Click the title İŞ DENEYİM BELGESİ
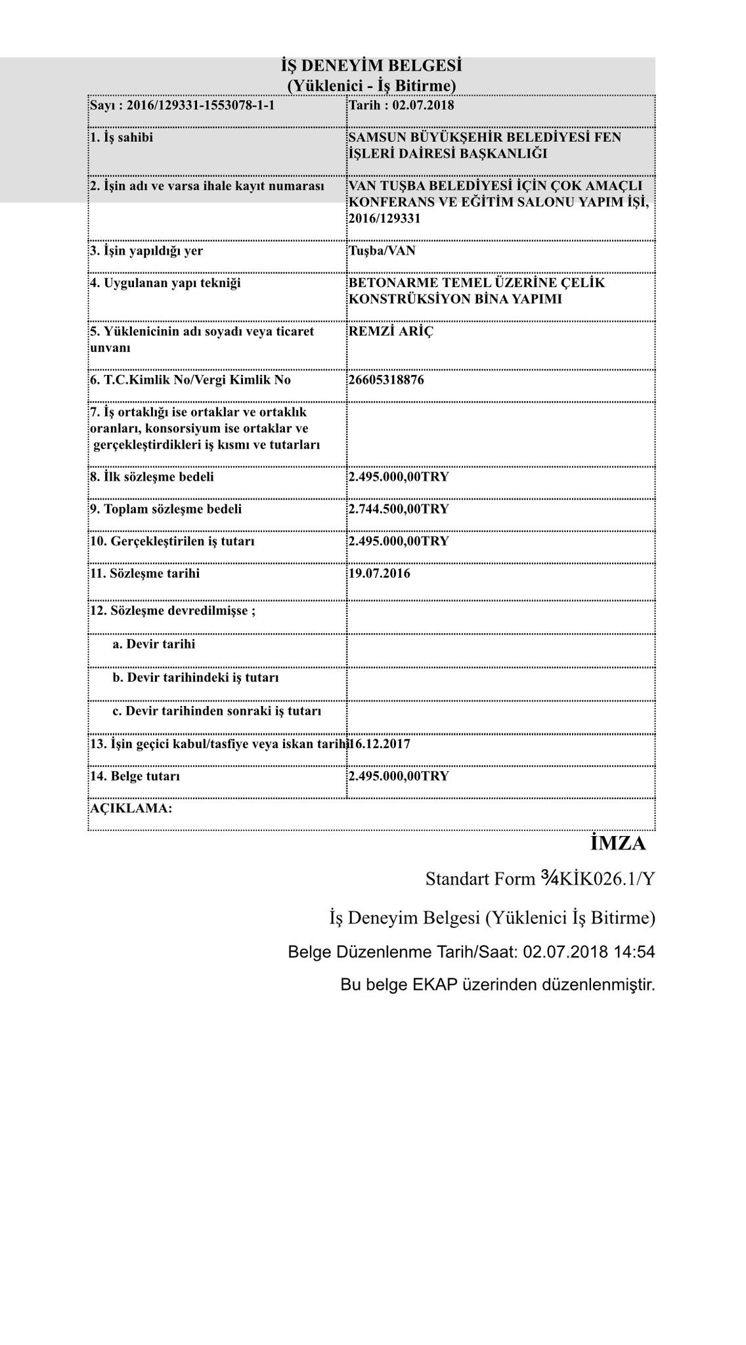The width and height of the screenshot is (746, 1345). (372, 66)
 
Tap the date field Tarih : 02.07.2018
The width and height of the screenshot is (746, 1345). (401, 105)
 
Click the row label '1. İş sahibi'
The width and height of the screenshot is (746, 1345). (121, 137)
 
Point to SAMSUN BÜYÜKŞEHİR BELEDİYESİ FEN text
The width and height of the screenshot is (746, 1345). (485, 137)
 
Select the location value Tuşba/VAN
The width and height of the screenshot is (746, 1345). (382, 251)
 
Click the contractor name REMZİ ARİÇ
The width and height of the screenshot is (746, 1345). (391, 331)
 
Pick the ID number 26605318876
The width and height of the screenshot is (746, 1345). (386, 380)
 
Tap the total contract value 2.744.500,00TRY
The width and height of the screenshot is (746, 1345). (399, 509)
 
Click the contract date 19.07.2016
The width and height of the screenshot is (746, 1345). (380, 573)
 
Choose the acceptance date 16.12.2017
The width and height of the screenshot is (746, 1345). (381, 744)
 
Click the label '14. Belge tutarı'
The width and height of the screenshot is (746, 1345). (135, 776)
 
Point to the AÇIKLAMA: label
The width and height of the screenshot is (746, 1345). (131, 808)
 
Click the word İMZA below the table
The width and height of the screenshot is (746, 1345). (617, 843)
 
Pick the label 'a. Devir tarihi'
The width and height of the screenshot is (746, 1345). (154, 644)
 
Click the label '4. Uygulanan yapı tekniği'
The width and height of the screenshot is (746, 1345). (165, 283)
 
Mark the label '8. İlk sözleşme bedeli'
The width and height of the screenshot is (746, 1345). (152, 477)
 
